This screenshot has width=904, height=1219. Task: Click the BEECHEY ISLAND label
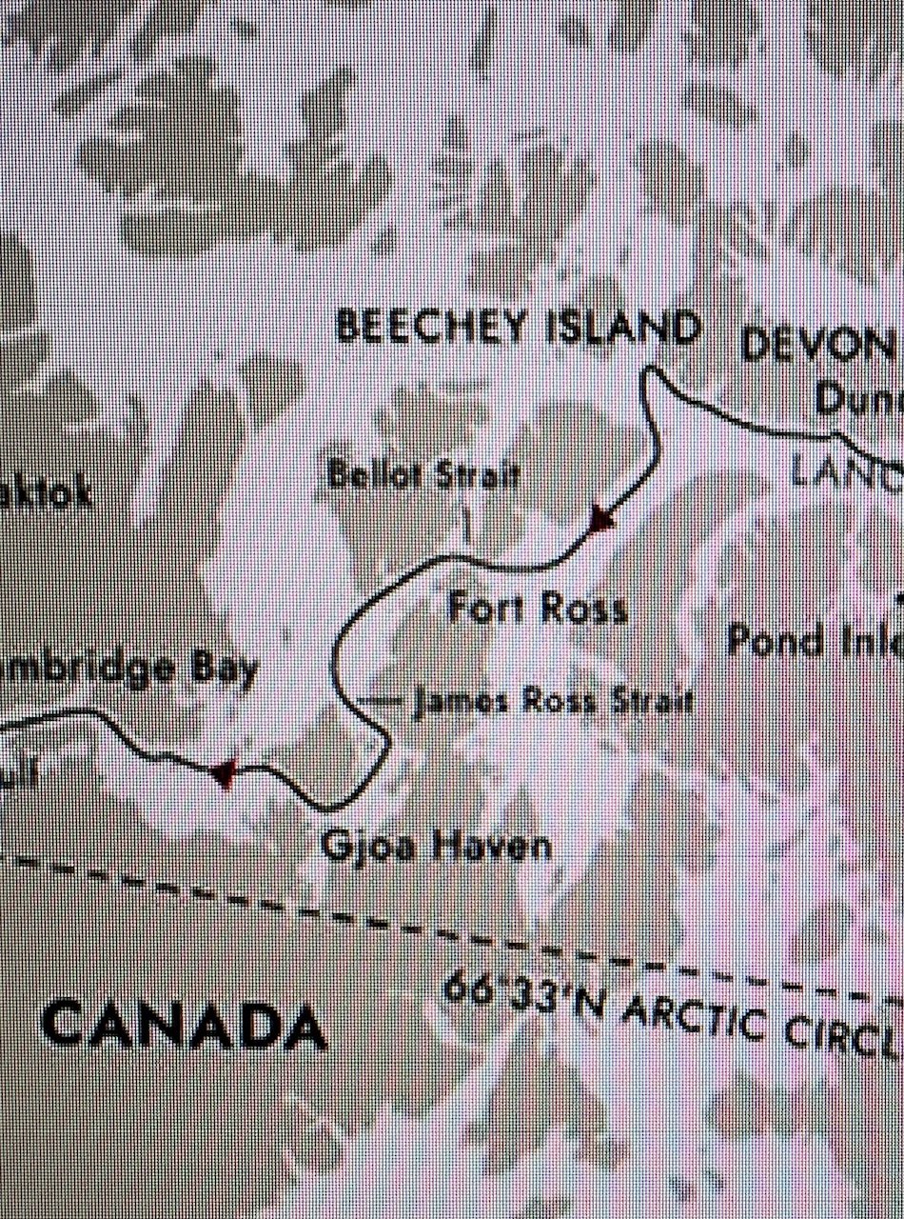point(519,327)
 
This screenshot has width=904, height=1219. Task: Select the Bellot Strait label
point(423,475)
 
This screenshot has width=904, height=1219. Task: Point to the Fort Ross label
point(538,608)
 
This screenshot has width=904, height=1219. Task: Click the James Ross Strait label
point(551,703)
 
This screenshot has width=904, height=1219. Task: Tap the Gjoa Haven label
point(437,845)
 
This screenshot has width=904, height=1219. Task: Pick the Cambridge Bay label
point(128,668)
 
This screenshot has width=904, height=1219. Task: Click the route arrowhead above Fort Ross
point(602,519)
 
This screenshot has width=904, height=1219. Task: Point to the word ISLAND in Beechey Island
point(623,328)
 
